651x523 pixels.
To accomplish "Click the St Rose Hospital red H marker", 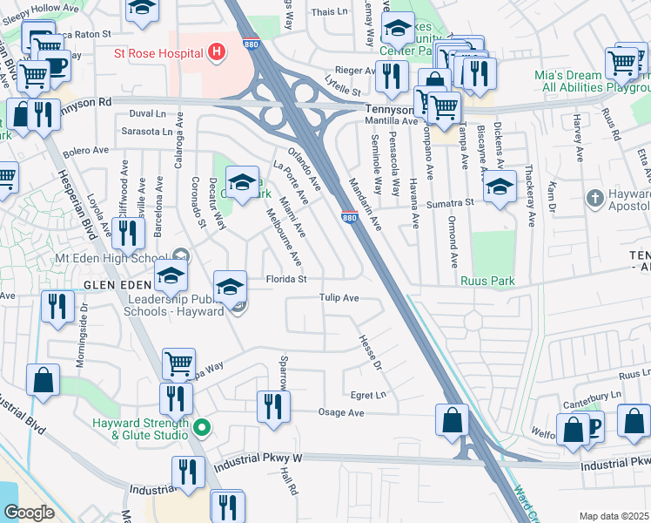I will pyautogui.click(x=217, y=52).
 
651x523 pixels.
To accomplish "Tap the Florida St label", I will pyautogui.click(x=287, y=280).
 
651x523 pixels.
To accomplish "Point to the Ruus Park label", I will pyautogui.click(x=488, y=281).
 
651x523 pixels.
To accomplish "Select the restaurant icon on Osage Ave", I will pyautogui.click(x=273, y=405).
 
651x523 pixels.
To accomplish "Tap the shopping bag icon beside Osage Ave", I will pyautogui.click(x=453, y=420).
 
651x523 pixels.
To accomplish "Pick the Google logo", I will pyautogui.click(x=29, y=512).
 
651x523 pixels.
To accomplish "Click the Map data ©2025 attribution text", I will pyautogui.click(x=613, y=516).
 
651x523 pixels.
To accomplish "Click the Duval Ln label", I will pyautogui.click(x=147, y=114).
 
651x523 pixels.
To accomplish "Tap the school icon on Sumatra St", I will pyautogui.click(x=500, y=186).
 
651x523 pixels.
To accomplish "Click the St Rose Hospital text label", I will pyautogui.click(x=158, y=52).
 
